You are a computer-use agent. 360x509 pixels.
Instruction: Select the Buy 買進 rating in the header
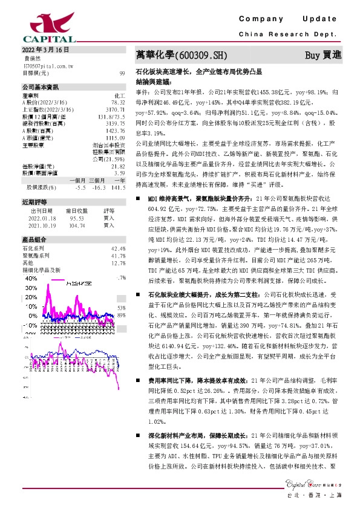pyautogui.click(x=322, y=55)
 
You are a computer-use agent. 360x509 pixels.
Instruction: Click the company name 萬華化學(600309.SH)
pyautogui.click(x=181, y=55)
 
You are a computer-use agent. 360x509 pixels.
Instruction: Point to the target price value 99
pyautogui.click(x=122, y=73)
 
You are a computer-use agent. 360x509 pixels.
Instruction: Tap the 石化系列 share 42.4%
pyautogui.click(x=118, y=248)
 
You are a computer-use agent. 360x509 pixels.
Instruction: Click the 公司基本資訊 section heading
pyautogui.click(x=36, y=87)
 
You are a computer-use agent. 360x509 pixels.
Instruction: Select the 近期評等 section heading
pyautogui.click(x=31, y=202)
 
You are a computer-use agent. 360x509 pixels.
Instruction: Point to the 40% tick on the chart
pyautogui.click(x=29, y=279)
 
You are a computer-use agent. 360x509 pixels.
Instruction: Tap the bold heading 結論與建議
pyautogui.click(x=152, y=80)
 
